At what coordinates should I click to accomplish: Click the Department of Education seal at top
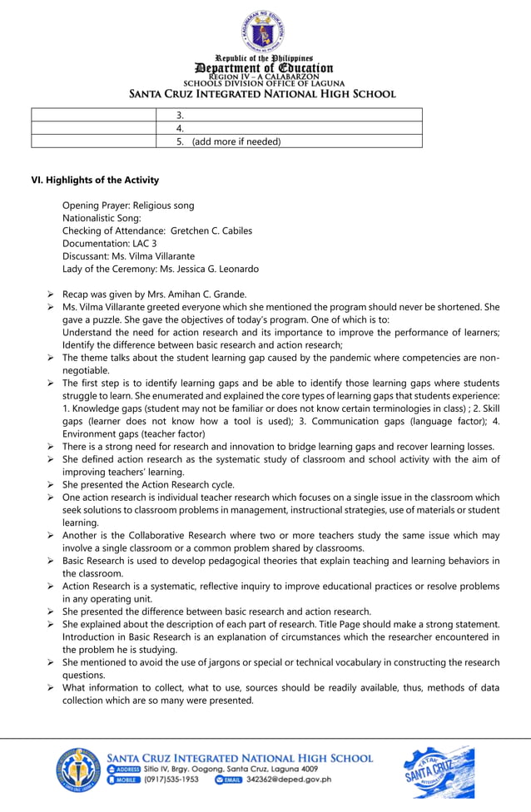click(x=264, y=30)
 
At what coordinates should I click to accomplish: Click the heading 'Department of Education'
click(x=264, y=67)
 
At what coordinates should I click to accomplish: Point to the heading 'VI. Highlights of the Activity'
click(x=95, y=181)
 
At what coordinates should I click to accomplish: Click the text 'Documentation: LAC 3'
click(x=109, y=243)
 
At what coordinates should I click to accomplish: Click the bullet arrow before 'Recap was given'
click(x=51, y=294)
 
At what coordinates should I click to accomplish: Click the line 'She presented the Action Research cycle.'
click(x=148, y=484)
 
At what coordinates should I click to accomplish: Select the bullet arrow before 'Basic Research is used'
click(x=51, y=561)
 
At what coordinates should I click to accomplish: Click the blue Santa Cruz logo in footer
click(x=438, y=773)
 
